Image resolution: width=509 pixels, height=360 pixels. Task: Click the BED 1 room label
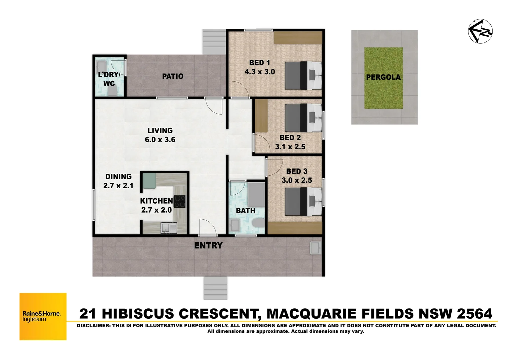click(259, 63)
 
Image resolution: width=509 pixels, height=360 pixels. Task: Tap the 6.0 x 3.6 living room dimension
click(160, 140)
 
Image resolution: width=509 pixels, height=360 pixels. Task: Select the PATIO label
click(173, 76)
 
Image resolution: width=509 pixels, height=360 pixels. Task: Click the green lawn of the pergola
click(383, 78)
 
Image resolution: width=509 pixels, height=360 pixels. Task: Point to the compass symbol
click(480, 31)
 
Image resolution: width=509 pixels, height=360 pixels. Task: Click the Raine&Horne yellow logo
click(43, 316)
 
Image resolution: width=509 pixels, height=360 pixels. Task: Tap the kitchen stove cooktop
click(180, 201)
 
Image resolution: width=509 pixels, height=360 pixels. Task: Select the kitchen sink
click(165, 228)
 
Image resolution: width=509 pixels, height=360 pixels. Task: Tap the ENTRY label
click(208, 246)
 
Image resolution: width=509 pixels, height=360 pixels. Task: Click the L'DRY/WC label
click(109, 79)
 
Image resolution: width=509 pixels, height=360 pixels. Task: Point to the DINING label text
click(118, 177)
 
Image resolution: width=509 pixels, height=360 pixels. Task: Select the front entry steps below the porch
click(215, 288)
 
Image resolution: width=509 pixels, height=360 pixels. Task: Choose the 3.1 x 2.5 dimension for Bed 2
click(290, 147)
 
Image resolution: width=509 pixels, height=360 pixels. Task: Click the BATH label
click(246, 211)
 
